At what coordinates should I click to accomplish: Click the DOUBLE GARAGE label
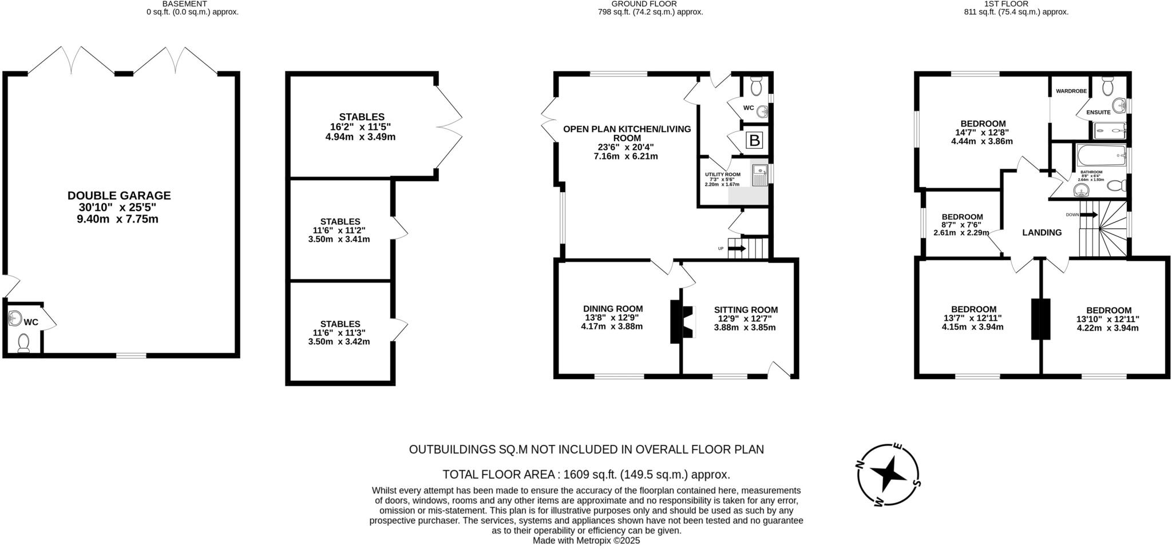tap(119, 196)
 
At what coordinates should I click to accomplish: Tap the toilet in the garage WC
tap(23, 343)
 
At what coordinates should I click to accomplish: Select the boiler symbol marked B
tap(755, 140)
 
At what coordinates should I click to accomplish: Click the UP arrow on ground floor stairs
tap(737, 248)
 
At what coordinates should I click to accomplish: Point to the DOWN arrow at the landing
tap(1088, 215)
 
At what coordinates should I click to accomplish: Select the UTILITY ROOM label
tap(722, 174)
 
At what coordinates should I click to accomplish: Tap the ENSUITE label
tap(1098, 113)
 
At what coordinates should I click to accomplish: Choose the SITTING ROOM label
tap(746, 310)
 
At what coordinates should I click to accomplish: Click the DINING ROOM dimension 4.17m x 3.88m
tap(612, 327)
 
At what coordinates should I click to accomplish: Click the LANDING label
tap(1042, 233)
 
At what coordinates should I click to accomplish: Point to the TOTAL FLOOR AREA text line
tap(586, 475)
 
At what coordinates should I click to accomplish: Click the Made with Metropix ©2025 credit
tap(586, 540)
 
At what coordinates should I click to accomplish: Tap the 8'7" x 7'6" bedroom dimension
tap(962, 225)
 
